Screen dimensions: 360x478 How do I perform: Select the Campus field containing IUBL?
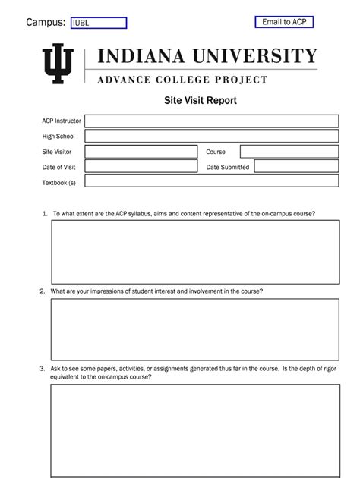point(98,24)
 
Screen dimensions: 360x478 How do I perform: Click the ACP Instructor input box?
point(211,121)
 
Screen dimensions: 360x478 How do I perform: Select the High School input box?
point(211,136)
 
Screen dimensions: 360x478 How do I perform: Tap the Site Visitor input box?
point(140,151)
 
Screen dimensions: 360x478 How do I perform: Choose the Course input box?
point(289,151)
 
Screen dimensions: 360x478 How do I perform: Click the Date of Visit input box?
point(140,166)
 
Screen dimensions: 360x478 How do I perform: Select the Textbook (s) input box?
point(211,181)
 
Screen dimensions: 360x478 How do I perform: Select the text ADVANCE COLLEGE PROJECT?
point(182,79)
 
